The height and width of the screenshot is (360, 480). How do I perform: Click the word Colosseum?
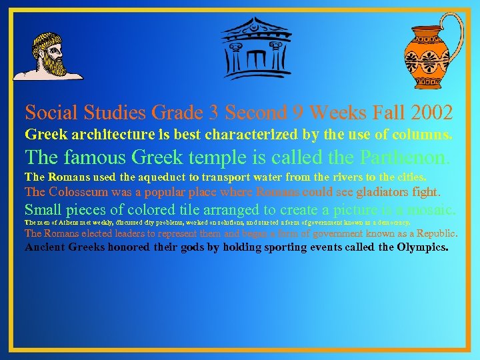[81, 192]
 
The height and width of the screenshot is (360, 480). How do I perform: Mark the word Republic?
[434, 233]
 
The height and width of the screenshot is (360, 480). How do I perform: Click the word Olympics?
[419, 247]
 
